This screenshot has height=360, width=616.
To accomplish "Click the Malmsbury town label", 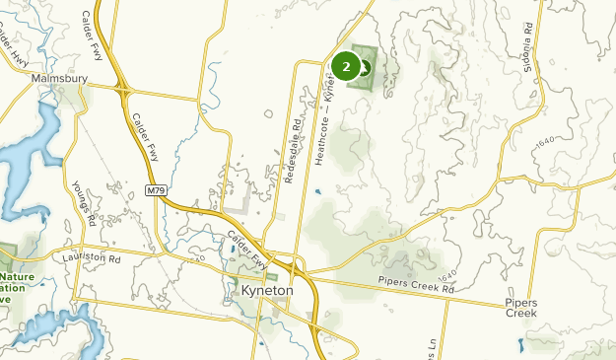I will pos(60,78).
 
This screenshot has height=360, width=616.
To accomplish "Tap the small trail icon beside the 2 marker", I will pos(365,68).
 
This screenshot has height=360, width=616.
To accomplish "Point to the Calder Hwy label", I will pos(21,49).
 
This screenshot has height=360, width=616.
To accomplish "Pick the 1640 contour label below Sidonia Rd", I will pos(541,146).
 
